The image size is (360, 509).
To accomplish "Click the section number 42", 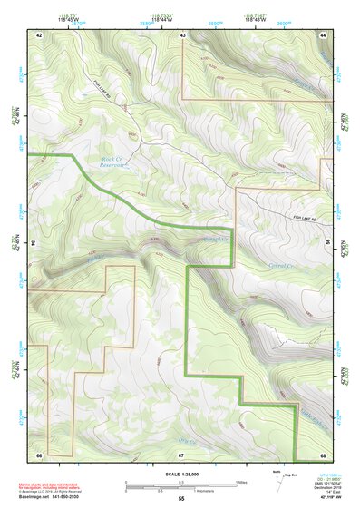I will point(39,34).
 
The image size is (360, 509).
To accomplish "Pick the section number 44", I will point(324,34).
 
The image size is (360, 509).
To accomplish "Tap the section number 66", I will point(39,453).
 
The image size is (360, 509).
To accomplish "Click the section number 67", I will point(181,453).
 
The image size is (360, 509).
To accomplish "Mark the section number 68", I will point(324,453).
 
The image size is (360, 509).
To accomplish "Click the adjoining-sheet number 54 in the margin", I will point(32,243).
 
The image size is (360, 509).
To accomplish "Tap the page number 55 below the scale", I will point(181,499).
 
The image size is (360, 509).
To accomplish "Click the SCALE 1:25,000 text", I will point(181,475).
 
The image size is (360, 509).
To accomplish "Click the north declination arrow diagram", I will point(277,482).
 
